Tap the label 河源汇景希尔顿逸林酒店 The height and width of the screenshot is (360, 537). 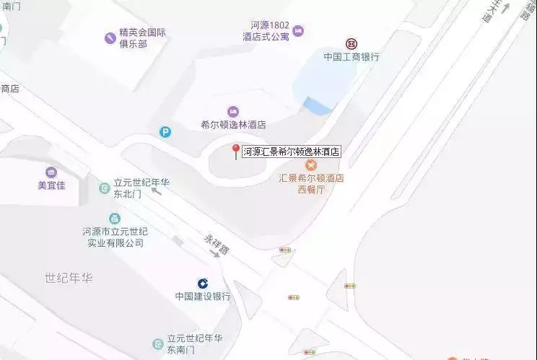(291, 152)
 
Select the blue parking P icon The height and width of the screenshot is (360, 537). (166, 132)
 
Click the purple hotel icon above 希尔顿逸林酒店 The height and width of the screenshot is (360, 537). (233, 111)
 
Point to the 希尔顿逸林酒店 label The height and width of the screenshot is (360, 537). (233, 124)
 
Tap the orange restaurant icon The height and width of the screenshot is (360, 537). (311, 165)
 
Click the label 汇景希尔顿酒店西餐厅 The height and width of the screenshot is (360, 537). (311, 183)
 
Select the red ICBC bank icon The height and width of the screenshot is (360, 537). (352, 43)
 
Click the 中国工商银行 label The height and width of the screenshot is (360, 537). (352, 56)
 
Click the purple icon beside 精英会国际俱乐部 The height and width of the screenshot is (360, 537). (110, 37)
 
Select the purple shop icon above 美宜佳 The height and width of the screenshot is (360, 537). (51, 172)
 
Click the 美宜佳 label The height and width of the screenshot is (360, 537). (51, 185)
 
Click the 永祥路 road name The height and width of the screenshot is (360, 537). (214, 242)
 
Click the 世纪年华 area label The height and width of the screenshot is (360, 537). (69, 278)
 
